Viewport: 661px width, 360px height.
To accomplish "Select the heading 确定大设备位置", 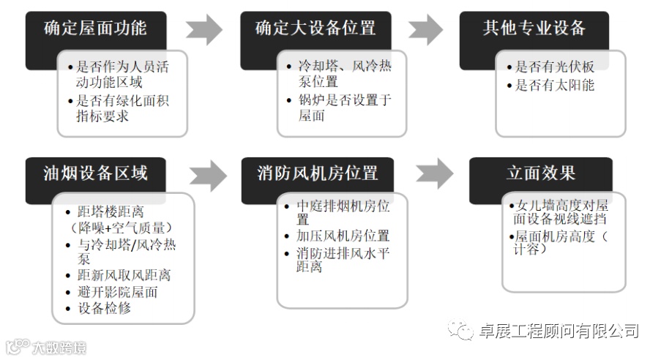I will point(315,29).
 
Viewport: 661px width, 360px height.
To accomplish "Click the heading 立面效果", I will point(540,173).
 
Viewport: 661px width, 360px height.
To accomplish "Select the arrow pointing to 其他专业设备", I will point(425,30).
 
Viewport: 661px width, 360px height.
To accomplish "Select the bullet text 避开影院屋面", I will point(117,292).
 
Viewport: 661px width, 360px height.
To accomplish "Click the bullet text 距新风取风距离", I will point(124,275).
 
